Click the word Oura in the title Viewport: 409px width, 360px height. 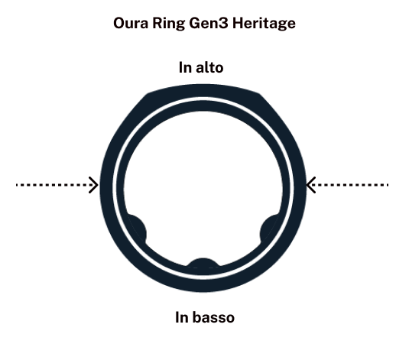click(x=131, y=23)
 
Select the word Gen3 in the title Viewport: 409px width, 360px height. click(x=209, y=23)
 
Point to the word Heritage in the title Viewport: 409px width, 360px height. click(x=264, y=24)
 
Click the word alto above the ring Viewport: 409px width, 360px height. click(x=209, y=67)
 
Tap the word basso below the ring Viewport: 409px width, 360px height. click(x=214, y=317)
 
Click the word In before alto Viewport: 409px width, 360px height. click(x=185, y=67)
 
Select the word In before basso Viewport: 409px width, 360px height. click(x=181, y=317)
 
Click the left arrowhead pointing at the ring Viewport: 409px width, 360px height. click(x=93, y=185)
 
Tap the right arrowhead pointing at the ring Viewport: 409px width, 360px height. click(x=310, y=185)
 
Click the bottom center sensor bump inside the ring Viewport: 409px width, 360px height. click(x=203, y=263)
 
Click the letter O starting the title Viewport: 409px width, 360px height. click(x=119, y=23)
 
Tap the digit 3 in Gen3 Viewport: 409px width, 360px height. click(x=224, y=23)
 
